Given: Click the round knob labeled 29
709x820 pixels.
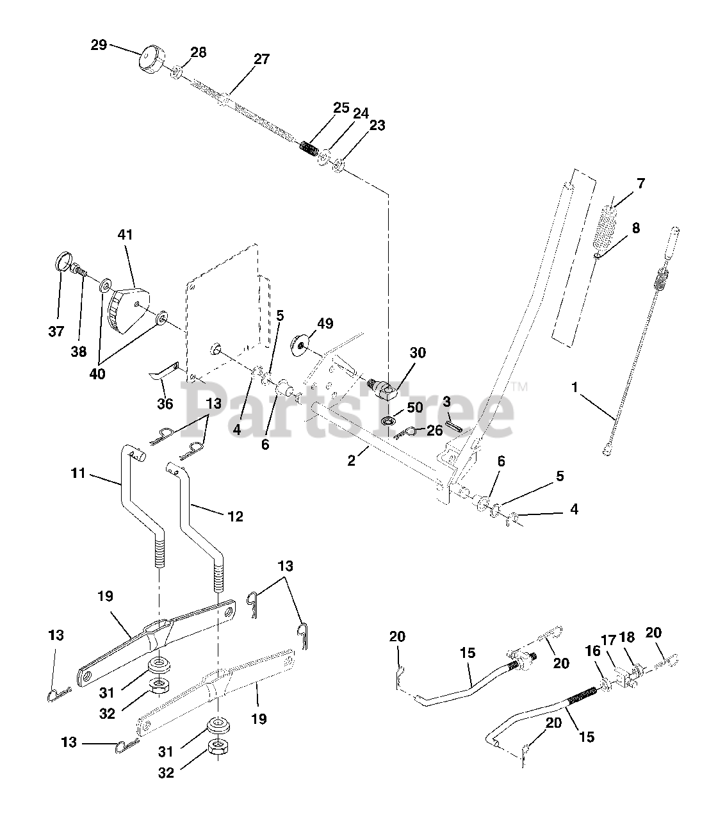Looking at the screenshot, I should pyautogui.click(x=153, y=60).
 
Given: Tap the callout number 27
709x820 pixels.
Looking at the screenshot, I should pyautogui.click(x=261, y=60).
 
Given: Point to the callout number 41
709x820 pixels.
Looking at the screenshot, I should pyautogui.click(x=125, y=234).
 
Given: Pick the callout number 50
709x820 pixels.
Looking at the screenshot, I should pyautogui.click(x=415, y=408).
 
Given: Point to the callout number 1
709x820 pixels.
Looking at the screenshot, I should pyautogui.click(x=575, y=387).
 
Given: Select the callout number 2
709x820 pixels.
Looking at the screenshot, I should pyautogui.click(x=351, y=460).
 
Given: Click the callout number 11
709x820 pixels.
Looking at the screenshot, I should pyautogui.click(x=79, y=474).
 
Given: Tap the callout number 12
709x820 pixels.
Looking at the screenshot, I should pyautogui.click(x=236, y=516).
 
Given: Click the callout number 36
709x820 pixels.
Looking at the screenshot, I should pyautogui.click(x=165, y=404).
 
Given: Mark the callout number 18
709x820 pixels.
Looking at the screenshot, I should pyautogui.click(x=628, y=637).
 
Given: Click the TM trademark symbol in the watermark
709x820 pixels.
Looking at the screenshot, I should pyautogui.click(x=519, y=387).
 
